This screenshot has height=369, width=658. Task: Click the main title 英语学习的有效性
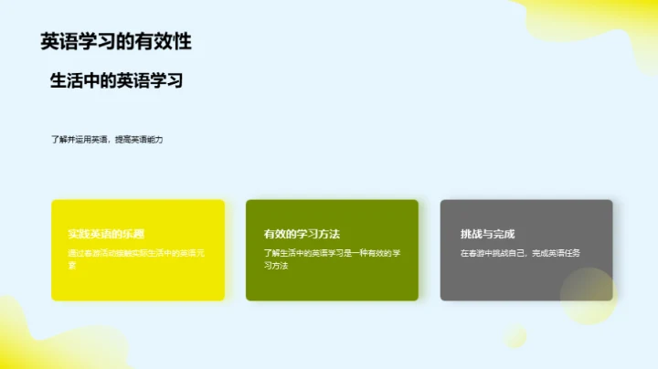[x=116, y=41]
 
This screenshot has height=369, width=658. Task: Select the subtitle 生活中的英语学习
[x=117, y=80]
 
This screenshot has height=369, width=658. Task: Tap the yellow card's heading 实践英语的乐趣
[x=106, y=234]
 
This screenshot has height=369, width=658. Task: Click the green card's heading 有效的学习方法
[x=302, y=234]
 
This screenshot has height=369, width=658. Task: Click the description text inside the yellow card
[x=136, y=258]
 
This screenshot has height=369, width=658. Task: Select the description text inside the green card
[x=332, y=258]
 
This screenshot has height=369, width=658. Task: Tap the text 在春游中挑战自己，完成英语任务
[x=520, y=253]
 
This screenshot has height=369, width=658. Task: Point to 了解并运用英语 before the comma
[x=79, y=140]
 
